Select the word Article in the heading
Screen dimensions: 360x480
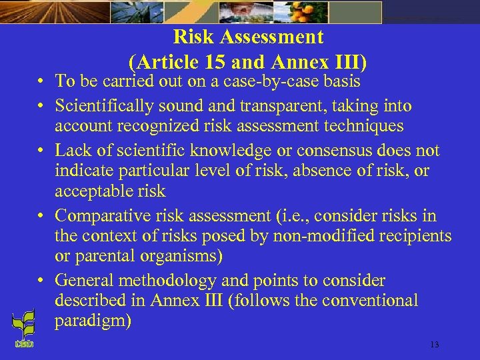tap(167, 62)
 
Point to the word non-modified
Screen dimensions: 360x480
tap(321, 236)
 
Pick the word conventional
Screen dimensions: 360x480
tap(369, 301)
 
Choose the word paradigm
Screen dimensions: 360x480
tap(93, 321)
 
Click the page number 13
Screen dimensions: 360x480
tap(435, 345)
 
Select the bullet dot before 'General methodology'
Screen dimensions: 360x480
tap(41, 281)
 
